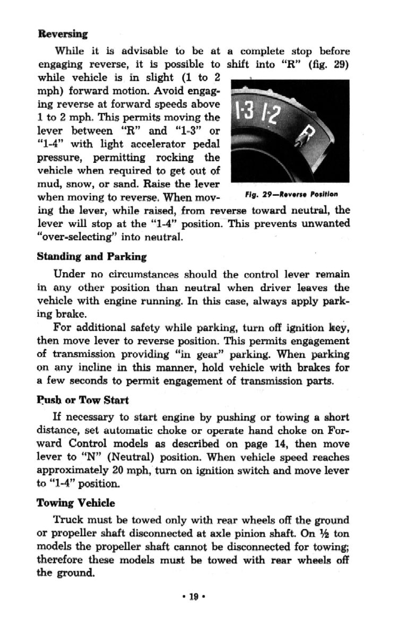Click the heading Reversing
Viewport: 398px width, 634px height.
63,33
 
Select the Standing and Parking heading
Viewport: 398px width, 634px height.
91,256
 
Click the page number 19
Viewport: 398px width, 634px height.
193,611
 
